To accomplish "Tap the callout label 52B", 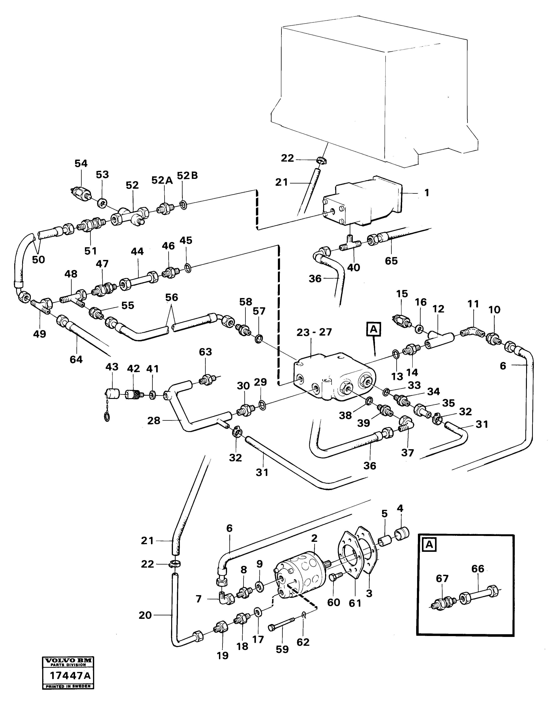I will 187,176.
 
